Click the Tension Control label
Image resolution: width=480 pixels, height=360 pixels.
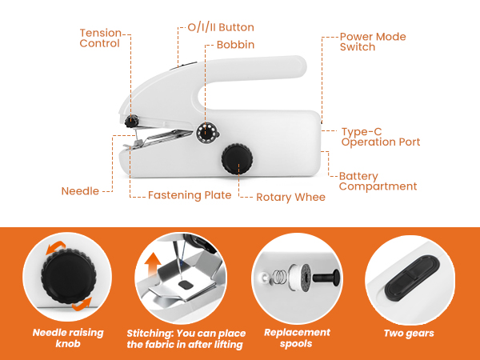[x=100, y=38]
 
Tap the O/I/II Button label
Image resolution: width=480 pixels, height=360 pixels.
[x=215, y=27]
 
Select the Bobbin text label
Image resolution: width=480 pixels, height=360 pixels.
[x=235, y=45]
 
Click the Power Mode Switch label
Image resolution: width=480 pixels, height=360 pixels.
[x=373, y=42]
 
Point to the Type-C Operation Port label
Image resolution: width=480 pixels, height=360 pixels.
[x=380, y=137]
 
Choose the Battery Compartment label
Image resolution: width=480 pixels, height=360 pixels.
[x=378, y=181]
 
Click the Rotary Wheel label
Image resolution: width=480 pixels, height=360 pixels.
[x=290, y=197]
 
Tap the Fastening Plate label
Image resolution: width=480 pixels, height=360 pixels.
[x=190, y=195]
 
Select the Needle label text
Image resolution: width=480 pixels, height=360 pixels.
[x=80, y=191]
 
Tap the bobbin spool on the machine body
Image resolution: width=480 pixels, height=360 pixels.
[x=206, y=131]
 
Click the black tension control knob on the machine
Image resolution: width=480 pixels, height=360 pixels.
[x=130, y=122]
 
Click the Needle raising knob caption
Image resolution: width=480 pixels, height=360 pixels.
[x=68, y=338]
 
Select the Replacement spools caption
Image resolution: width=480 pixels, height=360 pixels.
[x=297, y=338]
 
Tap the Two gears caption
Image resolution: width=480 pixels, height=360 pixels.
[x=410, y=333]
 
